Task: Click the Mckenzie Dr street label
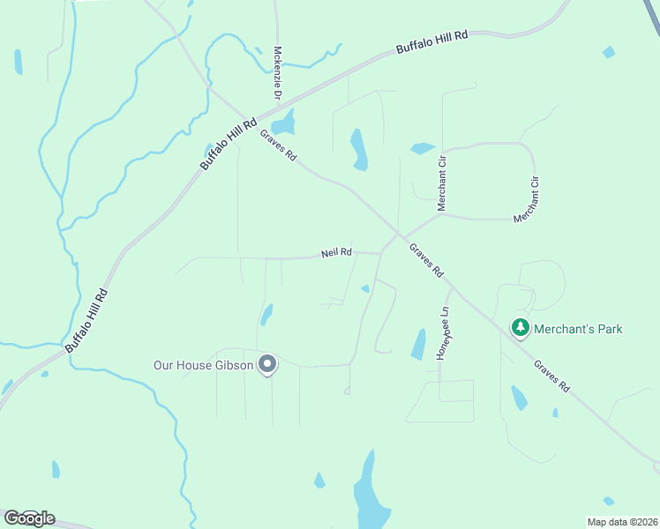point(277,72)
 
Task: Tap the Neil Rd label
point(336,253)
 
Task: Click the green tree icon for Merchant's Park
point(521,329)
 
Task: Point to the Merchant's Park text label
point(578,329)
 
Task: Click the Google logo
point(29,518)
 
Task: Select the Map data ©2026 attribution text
point(622,522)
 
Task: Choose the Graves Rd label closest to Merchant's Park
point(552,376)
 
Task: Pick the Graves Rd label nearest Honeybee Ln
point(426,261)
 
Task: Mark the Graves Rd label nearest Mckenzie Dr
point(278,145)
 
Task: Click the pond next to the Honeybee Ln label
point(418,344)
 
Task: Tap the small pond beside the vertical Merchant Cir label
point(423,148)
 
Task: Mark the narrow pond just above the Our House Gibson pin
point(266,314)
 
